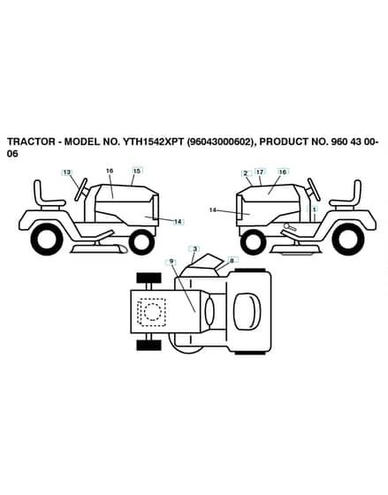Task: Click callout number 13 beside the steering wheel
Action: click(x=66, y=172)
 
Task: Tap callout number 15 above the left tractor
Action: click(x=137, y=171)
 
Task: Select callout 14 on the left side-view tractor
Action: click(x=178, y=222)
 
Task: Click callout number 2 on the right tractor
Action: click(x=246, y=173)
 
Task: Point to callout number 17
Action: click(x=260, y=171)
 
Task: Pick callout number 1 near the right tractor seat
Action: click(x=314, y=209)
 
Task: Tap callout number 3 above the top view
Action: click(x=194, y=248)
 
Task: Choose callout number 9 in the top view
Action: click(x=171, y=261)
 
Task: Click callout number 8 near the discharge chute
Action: click(x=232, y=261)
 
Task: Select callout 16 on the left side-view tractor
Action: click(x=110, y=171)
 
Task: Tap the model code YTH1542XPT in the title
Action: click(x=152, y=141)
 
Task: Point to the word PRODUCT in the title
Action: click(x=283, y=141)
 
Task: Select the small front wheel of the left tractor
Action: click(x=141, y=242)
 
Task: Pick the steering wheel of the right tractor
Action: click(x=314, y=189)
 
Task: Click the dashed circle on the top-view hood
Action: click(x=153, y=312)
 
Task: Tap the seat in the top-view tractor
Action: click(x=247, y=310)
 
